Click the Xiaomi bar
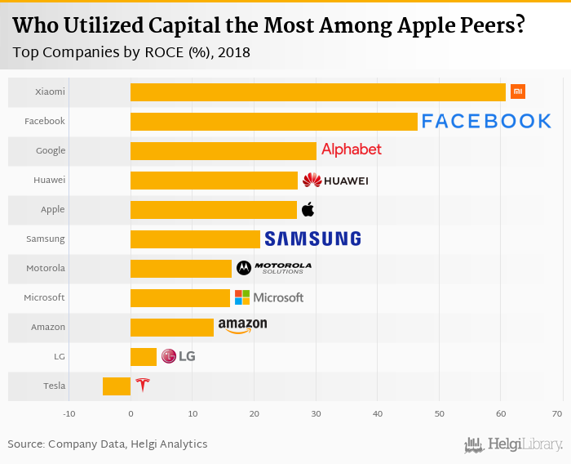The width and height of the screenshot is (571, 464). click(x=318, y=92)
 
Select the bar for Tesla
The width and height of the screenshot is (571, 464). click(x=117, y=386)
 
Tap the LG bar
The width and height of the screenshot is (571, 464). click(x=144, y=357)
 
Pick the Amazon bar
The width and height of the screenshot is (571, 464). click(x=172, y=328)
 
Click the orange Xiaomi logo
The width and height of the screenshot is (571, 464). click(x=517, y=91)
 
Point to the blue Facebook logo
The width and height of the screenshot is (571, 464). click(x=486, y=122)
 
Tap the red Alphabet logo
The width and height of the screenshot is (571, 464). click(x=352, y=149)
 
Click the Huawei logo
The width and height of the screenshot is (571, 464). click(x=335, y=181)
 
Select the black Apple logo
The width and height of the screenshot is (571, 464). click(x=308, y=210)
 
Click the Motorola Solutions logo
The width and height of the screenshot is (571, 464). click(x=274, y=268)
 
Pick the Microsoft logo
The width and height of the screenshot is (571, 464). click(x=269, y=297)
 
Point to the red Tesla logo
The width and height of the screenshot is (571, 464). click(x=143, y=386)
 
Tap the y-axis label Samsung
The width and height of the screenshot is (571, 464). click(x=46, y=239)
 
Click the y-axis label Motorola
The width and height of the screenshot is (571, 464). click(x=46, y=268)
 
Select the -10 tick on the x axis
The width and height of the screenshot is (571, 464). click(x=69, y=413)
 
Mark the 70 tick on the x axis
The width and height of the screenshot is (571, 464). click(x=557, y=413)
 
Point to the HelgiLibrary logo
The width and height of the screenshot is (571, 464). click(x=513, y=444)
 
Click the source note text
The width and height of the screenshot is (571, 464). click(x=108, y=444)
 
